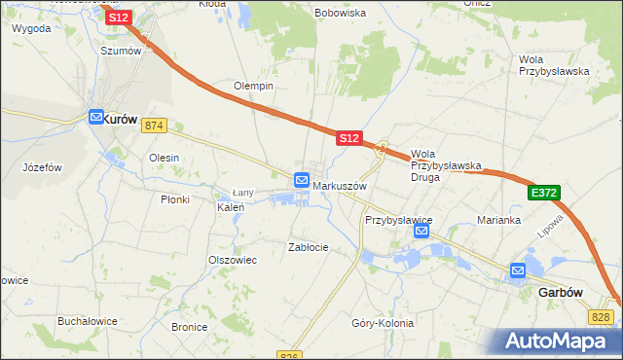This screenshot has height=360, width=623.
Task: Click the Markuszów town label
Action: coord(339,186)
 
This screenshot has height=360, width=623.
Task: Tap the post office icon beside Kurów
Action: coord(96,118)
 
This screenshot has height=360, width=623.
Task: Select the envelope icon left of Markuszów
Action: coord(302,180)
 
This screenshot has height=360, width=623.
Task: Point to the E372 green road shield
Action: coord(544,195)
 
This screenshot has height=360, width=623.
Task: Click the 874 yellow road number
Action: coord(154,126)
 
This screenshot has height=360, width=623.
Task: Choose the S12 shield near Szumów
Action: coord(118,18)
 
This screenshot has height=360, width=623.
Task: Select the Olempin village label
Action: coord(253,87)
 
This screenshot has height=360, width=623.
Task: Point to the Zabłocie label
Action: coord(309,247)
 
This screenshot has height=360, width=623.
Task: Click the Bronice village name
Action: coord(189,327)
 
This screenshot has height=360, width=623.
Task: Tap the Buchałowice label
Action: coord(87,320)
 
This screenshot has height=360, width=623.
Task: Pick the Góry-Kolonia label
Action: coord(383,323)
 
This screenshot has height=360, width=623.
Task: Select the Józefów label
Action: coord(42,167)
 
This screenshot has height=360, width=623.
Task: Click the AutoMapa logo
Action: coord(562,342)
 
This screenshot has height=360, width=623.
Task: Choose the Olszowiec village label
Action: coord(232,260)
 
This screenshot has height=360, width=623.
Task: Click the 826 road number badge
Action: coord(288,355)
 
